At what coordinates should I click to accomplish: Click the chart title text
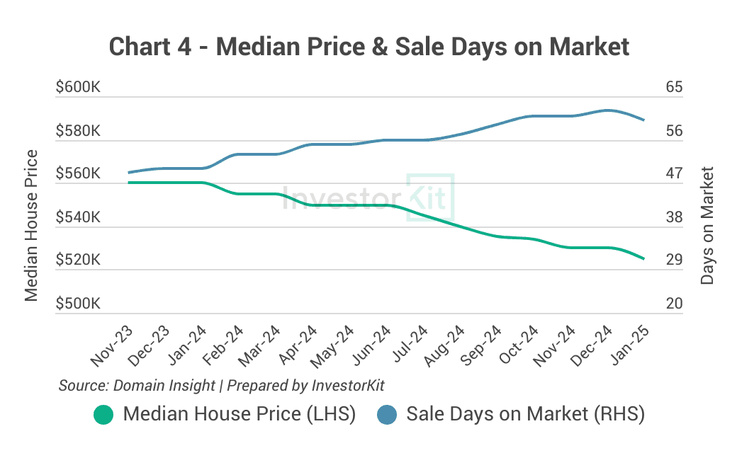[368, 47]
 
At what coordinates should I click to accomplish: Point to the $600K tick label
[78, 88]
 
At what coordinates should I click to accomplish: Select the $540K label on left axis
[78, 217]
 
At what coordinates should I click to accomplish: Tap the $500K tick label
[78, 304]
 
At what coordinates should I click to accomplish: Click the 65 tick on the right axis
[674, 88]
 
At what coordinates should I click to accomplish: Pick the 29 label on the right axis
[674, 260]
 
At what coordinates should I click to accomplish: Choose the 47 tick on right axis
[674, 174]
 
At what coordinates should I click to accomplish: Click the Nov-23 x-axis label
[112, 347]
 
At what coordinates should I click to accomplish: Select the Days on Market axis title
[707, 226]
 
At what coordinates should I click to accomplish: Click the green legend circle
[103, 414]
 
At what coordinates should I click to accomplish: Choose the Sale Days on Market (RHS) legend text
[525, 414]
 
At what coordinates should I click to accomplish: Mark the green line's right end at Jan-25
[643, 259]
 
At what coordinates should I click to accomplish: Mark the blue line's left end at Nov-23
[128, 172]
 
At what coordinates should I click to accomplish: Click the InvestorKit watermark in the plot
[367, 197]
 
